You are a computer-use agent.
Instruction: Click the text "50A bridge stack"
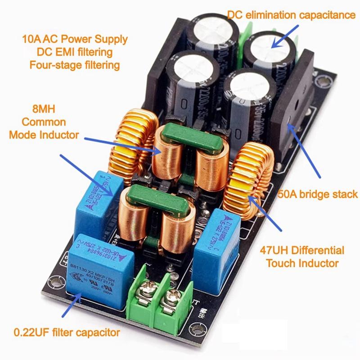317,194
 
